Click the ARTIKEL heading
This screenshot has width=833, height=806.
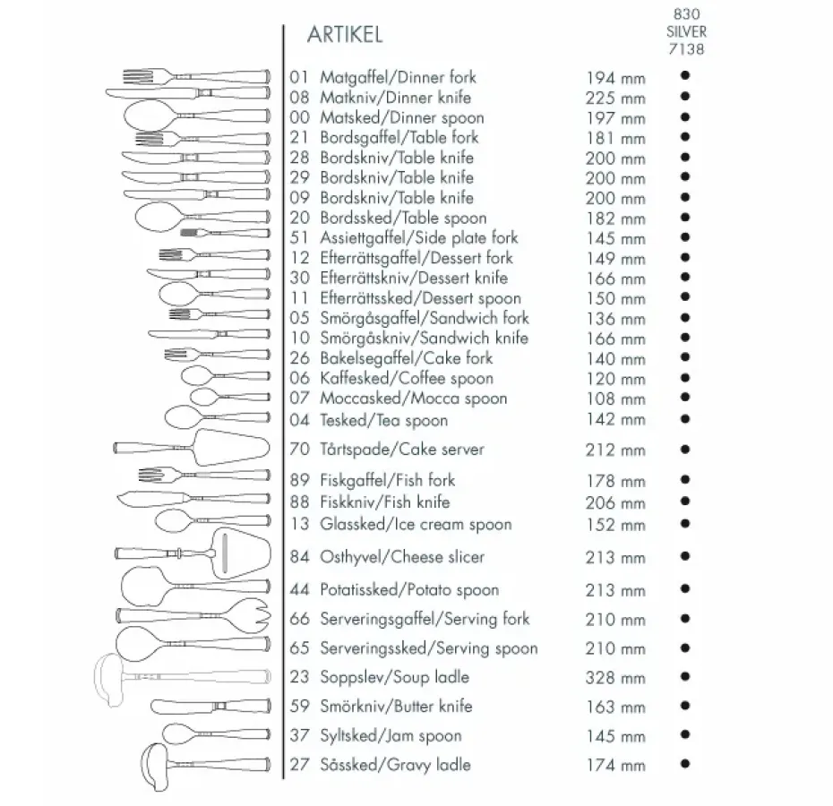(x=345, y=35)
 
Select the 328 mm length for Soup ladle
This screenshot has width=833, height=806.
(x=614, y=678)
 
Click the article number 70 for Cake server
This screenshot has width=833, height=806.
(x=300, y=450)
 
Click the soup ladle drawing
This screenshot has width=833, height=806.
(x=179, y=673)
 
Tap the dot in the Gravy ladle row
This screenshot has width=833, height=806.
(x=684, y=764)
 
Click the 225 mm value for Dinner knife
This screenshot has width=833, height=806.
(x=614, y=98)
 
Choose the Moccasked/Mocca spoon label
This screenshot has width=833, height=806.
(x=413, y=399)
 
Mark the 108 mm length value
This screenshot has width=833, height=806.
(x=614, y=399)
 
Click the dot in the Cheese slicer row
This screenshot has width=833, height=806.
(x=684, y=557)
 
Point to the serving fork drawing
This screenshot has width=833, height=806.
(x=192, y=617)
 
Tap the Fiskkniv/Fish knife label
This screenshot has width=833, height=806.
(x=384, y=502)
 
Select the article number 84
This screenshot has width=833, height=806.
(x=300, y=557)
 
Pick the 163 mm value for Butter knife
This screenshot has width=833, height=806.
(x=614, y=707)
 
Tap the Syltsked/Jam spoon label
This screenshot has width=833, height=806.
(x=391, y=736)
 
